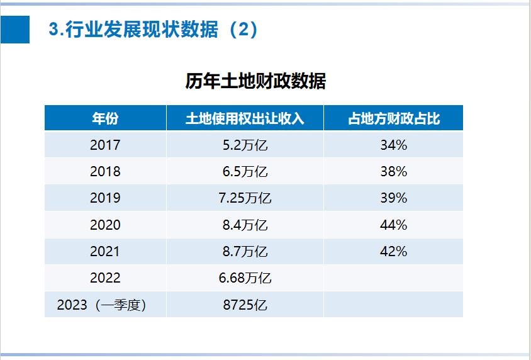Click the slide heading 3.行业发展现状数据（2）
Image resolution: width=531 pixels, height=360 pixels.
tap(154, 30)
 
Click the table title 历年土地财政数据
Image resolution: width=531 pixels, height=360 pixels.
tap(255, 81)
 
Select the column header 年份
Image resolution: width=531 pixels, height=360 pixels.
tap(105, 118)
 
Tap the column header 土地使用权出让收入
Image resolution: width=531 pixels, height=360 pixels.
tap(245, 118)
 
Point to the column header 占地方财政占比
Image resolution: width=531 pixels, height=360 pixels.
tap(393, 118)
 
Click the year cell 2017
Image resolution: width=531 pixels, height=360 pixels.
tap(105, 145)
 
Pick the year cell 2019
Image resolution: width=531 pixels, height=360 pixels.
tap(105, 198)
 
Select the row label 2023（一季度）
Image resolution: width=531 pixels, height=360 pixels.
tap(105, 305)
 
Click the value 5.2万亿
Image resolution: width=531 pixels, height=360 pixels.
tap(245, 145)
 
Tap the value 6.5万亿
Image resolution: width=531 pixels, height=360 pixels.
tap(245, 172)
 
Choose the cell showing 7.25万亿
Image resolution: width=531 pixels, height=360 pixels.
tap(245, 198)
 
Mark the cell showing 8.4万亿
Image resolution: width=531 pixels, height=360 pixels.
tap(245, 225)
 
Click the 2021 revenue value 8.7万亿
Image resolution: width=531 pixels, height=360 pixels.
tap(245, 252)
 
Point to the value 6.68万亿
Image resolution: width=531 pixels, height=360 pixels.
tap(245, 278)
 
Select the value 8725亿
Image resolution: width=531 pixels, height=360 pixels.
tap(245, 305)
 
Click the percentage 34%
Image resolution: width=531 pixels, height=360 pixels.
tap(393, 145)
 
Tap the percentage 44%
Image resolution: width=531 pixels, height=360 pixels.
tap(393, 225)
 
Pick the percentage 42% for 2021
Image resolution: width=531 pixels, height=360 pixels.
tap(393, 252)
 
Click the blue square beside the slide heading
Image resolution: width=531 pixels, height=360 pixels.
tap(15, 30)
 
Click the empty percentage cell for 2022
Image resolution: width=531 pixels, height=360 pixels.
tap(393, 278)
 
